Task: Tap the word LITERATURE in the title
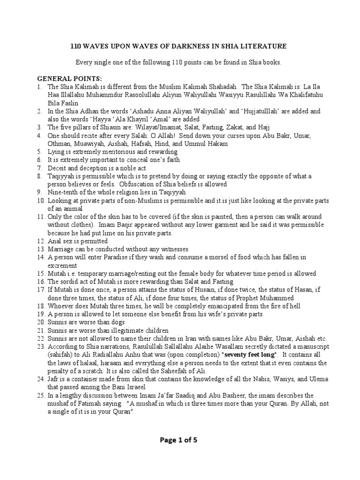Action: [x=266, y=46]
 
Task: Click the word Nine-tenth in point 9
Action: [x=65, y=192]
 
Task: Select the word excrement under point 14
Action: [x=63, y=265]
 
